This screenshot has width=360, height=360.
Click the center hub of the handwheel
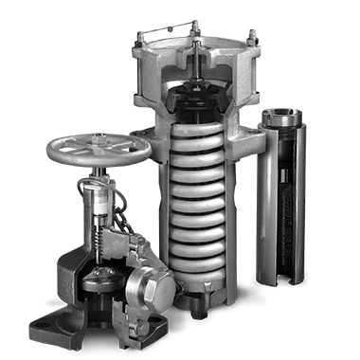[x=99, y=149]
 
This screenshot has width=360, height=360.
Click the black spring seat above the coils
[x=199, y=104]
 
